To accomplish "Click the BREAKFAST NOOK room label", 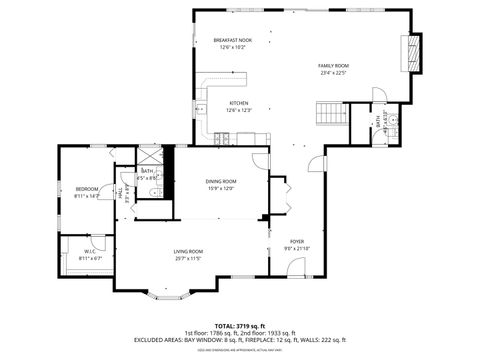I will (x=232, y=39).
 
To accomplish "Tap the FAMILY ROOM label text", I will (x=333, y=65).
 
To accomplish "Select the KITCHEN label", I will (x=238, y=103).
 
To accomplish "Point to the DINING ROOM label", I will (x=220, y=181).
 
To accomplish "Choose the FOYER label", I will (x=297, y=241).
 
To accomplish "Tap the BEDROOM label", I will (x=86, y=189).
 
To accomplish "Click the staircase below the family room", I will (x=330, y=112).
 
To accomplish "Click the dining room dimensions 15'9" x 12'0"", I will (x=220, y=189).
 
